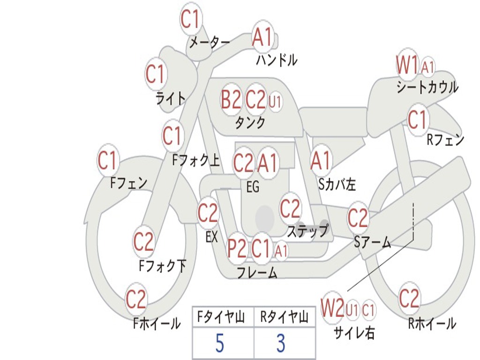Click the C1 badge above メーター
190,19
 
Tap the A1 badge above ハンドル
262,37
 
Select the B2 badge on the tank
231,99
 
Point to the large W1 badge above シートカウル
407,65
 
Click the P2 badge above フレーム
237,248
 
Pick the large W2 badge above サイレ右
332,308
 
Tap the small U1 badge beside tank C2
275,102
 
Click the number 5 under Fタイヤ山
220,344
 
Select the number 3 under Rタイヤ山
280,344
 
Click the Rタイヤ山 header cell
284,318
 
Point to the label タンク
250,123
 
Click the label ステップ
307,231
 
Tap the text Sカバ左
337,185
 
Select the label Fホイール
157,323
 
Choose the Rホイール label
432,323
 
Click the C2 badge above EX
208,213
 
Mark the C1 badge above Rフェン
417,120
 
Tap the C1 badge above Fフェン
108,161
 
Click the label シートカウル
427,88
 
